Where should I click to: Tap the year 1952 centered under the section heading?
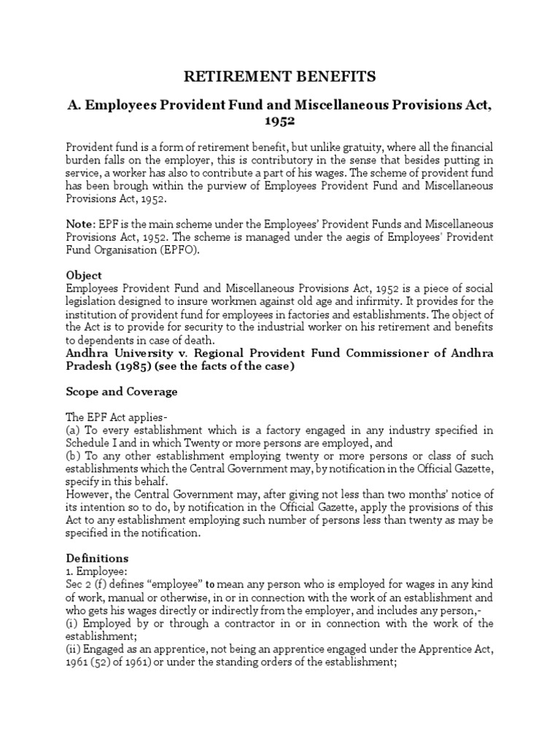click(279, 120)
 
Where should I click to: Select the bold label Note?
click(79, 225)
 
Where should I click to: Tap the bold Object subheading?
click(84, 276)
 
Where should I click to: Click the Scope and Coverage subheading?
click(121, 392)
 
